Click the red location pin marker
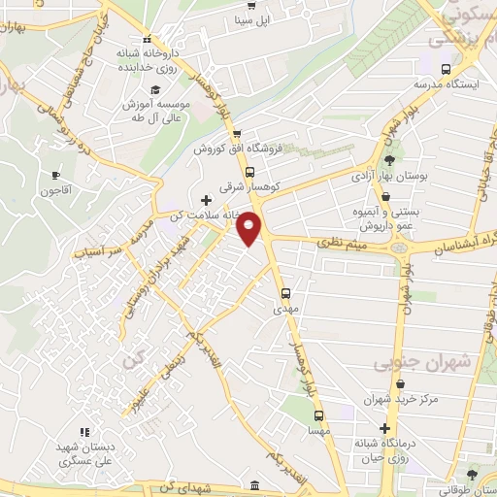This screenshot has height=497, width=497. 250,227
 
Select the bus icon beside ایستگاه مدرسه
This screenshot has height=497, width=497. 445,70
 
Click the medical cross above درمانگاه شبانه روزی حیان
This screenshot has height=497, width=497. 386,428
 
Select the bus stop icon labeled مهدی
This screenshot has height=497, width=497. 285,292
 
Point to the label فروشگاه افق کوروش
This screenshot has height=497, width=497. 233,149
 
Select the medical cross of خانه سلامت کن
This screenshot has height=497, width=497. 205,200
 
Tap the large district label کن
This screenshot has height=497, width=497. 132,361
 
